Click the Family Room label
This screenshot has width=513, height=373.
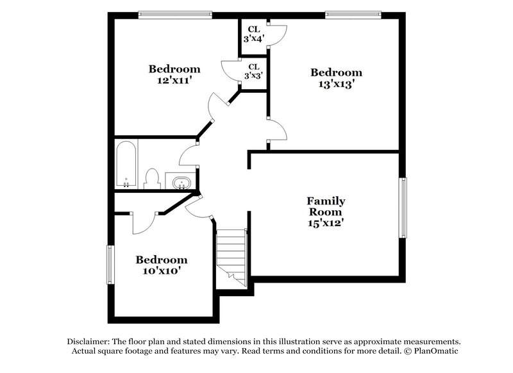(325, 206)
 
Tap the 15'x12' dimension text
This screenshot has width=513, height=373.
(325, 223)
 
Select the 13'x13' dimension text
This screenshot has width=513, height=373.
(337, 84)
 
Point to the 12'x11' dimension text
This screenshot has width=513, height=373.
(174, 81)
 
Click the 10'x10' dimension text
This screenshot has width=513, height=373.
(161, 272)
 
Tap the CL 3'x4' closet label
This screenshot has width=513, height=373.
(253, 33)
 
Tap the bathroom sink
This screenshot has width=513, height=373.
(180, 182)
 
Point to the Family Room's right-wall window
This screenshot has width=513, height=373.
(404, 208)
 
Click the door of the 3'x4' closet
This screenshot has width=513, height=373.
(277, 35)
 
